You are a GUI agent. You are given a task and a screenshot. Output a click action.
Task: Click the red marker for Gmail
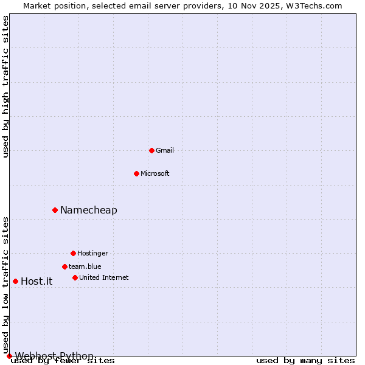tap(151, 150)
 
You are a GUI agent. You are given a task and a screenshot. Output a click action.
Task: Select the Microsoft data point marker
tap(136, 173)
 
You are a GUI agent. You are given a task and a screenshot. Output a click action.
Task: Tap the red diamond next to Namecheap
tap(55, 210)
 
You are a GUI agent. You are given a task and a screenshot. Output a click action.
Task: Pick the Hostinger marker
tap(73, 253)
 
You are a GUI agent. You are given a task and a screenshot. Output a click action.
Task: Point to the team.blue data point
tap(64, 266)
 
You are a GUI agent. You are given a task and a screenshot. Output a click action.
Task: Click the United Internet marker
tap(75, 277)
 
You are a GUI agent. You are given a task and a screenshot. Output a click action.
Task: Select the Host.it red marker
tap(15, 281)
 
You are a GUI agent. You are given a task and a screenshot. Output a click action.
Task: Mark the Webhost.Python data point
tap(9, 356)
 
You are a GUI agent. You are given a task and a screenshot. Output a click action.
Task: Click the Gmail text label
tap(165, 150)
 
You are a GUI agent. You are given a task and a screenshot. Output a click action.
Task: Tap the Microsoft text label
tap(155, 173)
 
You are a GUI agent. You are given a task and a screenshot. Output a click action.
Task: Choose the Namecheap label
tap(89, 210)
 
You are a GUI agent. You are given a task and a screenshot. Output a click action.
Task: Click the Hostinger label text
tap(92, 253)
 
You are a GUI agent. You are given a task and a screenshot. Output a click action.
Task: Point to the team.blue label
tap(85, 266)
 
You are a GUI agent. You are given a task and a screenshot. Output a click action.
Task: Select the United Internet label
tap(104, 277)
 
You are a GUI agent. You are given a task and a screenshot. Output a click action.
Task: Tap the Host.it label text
tap(36, 281)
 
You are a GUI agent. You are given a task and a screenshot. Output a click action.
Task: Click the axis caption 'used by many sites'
tap(305, 361)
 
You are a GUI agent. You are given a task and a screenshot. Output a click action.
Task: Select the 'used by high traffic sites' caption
tap(6, 86)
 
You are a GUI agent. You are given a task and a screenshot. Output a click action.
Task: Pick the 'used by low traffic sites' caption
tap(6, 285)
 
